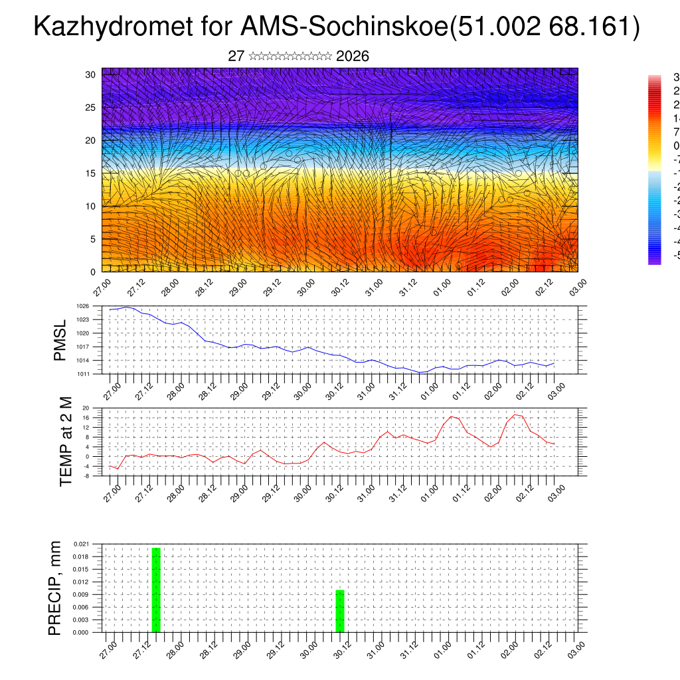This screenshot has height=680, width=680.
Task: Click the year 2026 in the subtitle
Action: click(x=353, y=56)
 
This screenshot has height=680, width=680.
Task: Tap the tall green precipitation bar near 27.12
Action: click(x=156, y=590)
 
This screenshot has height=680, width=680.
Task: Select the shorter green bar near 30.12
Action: click(x=339, y=611)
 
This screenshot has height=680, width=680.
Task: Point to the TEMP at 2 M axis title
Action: click(x=66, y=441)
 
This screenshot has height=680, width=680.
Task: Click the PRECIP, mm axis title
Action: click(x=55, y=588)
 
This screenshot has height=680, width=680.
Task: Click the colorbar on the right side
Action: click(x=655, y=170)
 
